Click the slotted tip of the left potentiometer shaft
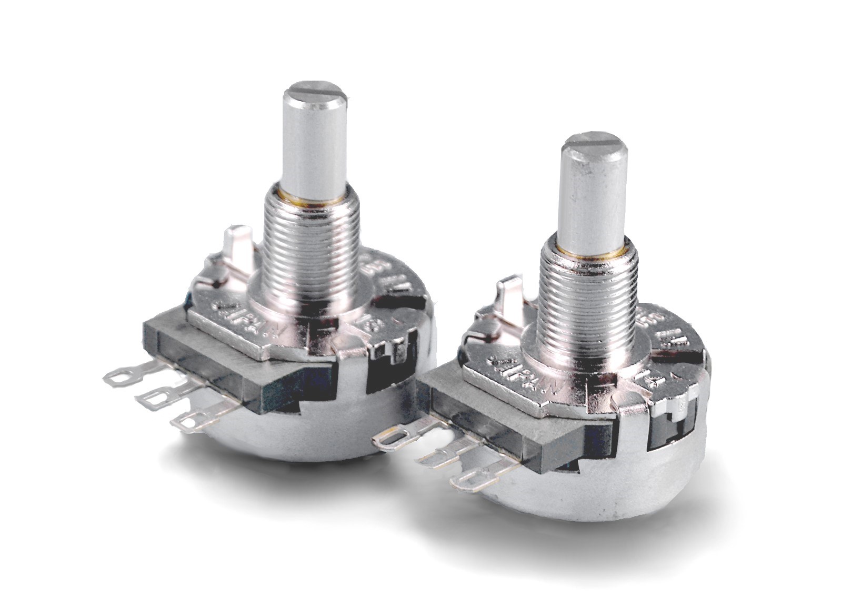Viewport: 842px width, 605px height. [314, 96]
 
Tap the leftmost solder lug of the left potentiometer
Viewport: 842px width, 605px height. [122, 375]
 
